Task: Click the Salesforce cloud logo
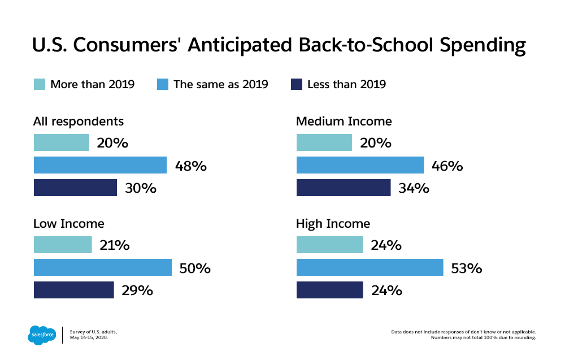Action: (x=42, y=335)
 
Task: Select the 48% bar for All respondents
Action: (x=100, y=165)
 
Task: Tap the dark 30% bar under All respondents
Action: (x=75, y=188)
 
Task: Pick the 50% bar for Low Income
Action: (x=103, y=267)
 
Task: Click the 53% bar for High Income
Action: (x=370, y=267)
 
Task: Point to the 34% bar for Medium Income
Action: (x=344, y=188)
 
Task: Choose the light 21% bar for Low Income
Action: (x=63, y=245)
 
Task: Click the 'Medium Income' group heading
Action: (x=344, y=121)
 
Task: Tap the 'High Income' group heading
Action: (x=333, y=224)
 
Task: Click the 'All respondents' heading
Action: (x=79, y=121)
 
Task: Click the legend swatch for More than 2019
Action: (x=40, y=84)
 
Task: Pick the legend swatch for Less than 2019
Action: (x=296, y=84)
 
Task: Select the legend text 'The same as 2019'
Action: (x=220, y=84)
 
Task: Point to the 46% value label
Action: (x=447, y=166)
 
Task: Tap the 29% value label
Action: (x=137, y=290)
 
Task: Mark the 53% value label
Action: (x=467, y=268)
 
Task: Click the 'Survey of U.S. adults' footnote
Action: (x=93, y=332)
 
